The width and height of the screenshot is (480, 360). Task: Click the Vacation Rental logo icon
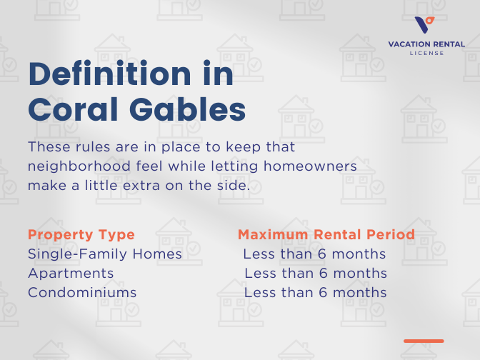click(425, 25)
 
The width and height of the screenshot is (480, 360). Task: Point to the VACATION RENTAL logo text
click(426, 44)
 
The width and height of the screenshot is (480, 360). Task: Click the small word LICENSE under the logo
click(426, 53)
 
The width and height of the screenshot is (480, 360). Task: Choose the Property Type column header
click(81, 235)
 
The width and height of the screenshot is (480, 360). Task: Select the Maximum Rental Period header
click(326, 235)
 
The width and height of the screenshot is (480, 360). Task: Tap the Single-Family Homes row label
click(105, 254)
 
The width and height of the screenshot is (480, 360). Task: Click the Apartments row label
click(71, 274)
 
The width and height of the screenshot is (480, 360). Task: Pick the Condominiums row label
click(82, 293)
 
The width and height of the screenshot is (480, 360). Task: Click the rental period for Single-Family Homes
click(314, 254)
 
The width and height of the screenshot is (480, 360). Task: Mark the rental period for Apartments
click(316, 274)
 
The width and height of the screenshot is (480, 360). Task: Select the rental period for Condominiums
click(316, 293)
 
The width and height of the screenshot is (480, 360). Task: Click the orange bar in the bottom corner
click(424, 341)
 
